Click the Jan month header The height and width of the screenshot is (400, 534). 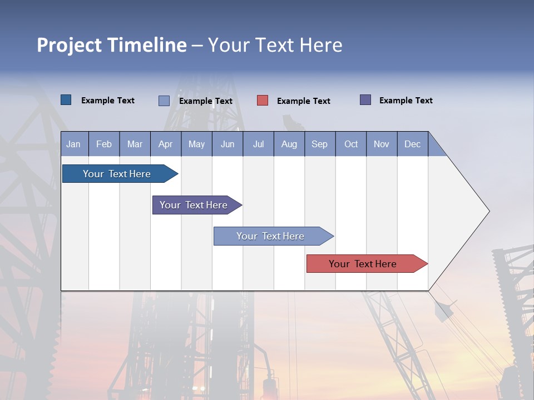pos(73,144)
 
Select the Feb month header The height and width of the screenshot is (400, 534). pos(104,144)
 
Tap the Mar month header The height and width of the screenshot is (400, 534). pos(135,144)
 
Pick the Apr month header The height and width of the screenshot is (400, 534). pos(165,144)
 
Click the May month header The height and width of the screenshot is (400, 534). pos(196,144)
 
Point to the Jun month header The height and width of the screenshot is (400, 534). pos(228,144)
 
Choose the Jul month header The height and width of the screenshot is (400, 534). pos(258,144)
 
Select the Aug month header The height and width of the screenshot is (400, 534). pos(289,144)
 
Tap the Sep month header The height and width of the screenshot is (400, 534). pos(319,144)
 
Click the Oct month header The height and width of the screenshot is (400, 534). pos(351,144)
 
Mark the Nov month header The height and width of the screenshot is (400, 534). pos(382,144)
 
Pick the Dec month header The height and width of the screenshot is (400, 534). pos(412,144)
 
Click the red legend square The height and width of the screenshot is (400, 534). pos(263,101)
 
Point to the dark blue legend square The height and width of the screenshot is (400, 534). pos(66,100)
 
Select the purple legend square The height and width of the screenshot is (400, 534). pos(365,100)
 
